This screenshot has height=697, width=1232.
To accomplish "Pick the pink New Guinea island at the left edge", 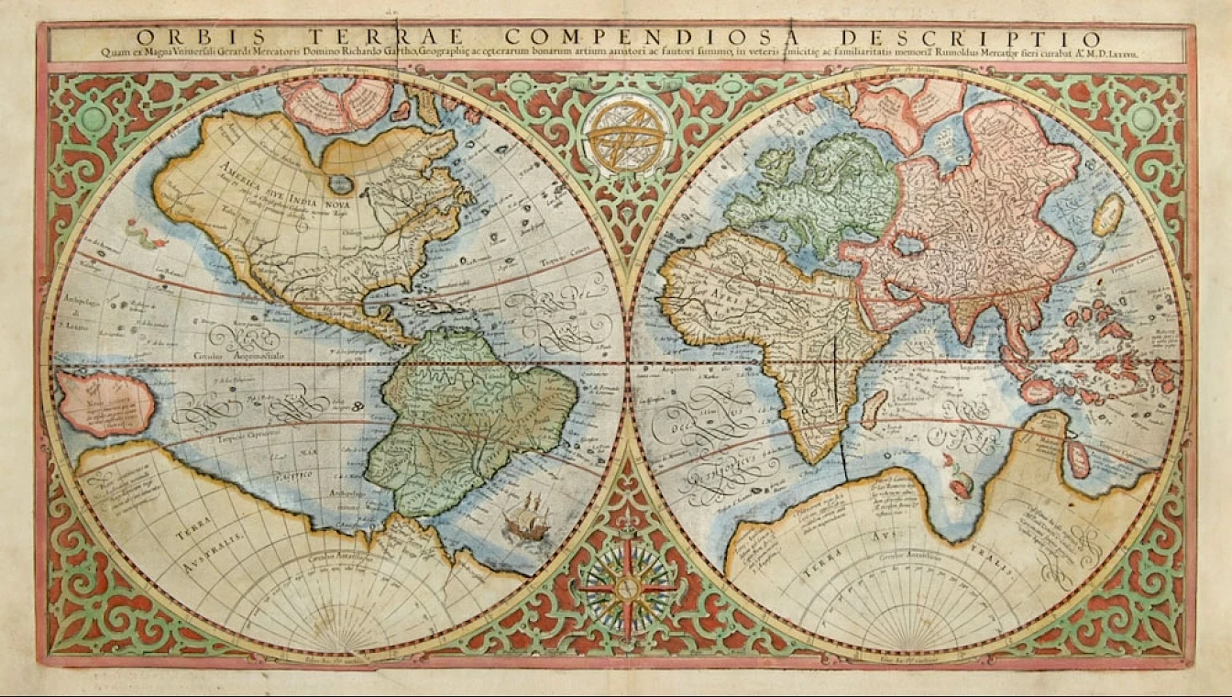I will [x=104, y=403].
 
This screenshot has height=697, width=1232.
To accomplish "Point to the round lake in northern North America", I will [x=341, y=184].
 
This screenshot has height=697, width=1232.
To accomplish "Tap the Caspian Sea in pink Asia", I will [x=909, y=245].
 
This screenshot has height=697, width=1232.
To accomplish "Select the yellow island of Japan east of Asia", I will [x=1109, y=214].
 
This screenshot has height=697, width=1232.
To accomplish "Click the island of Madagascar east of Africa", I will [x=874, y=408].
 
